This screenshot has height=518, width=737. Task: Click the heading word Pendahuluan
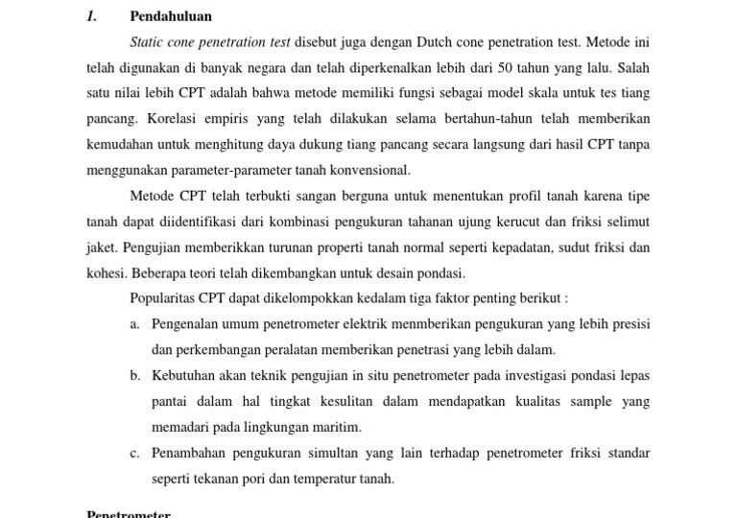coord(171,16)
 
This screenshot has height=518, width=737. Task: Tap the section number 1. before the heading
coord(92,16)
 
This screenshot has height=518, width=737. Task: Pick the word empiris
coord(232,119)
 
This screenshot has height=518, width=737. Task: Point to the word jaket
coord(101,247)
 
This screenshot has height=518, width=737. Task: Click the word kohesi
coord(105,272)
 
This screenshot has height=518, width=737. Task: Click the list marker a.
coord(135,324)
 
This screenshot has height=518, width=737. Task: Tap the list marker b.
coord(135,375)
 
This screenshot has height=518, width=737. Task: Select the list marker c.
coord(135,452)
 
